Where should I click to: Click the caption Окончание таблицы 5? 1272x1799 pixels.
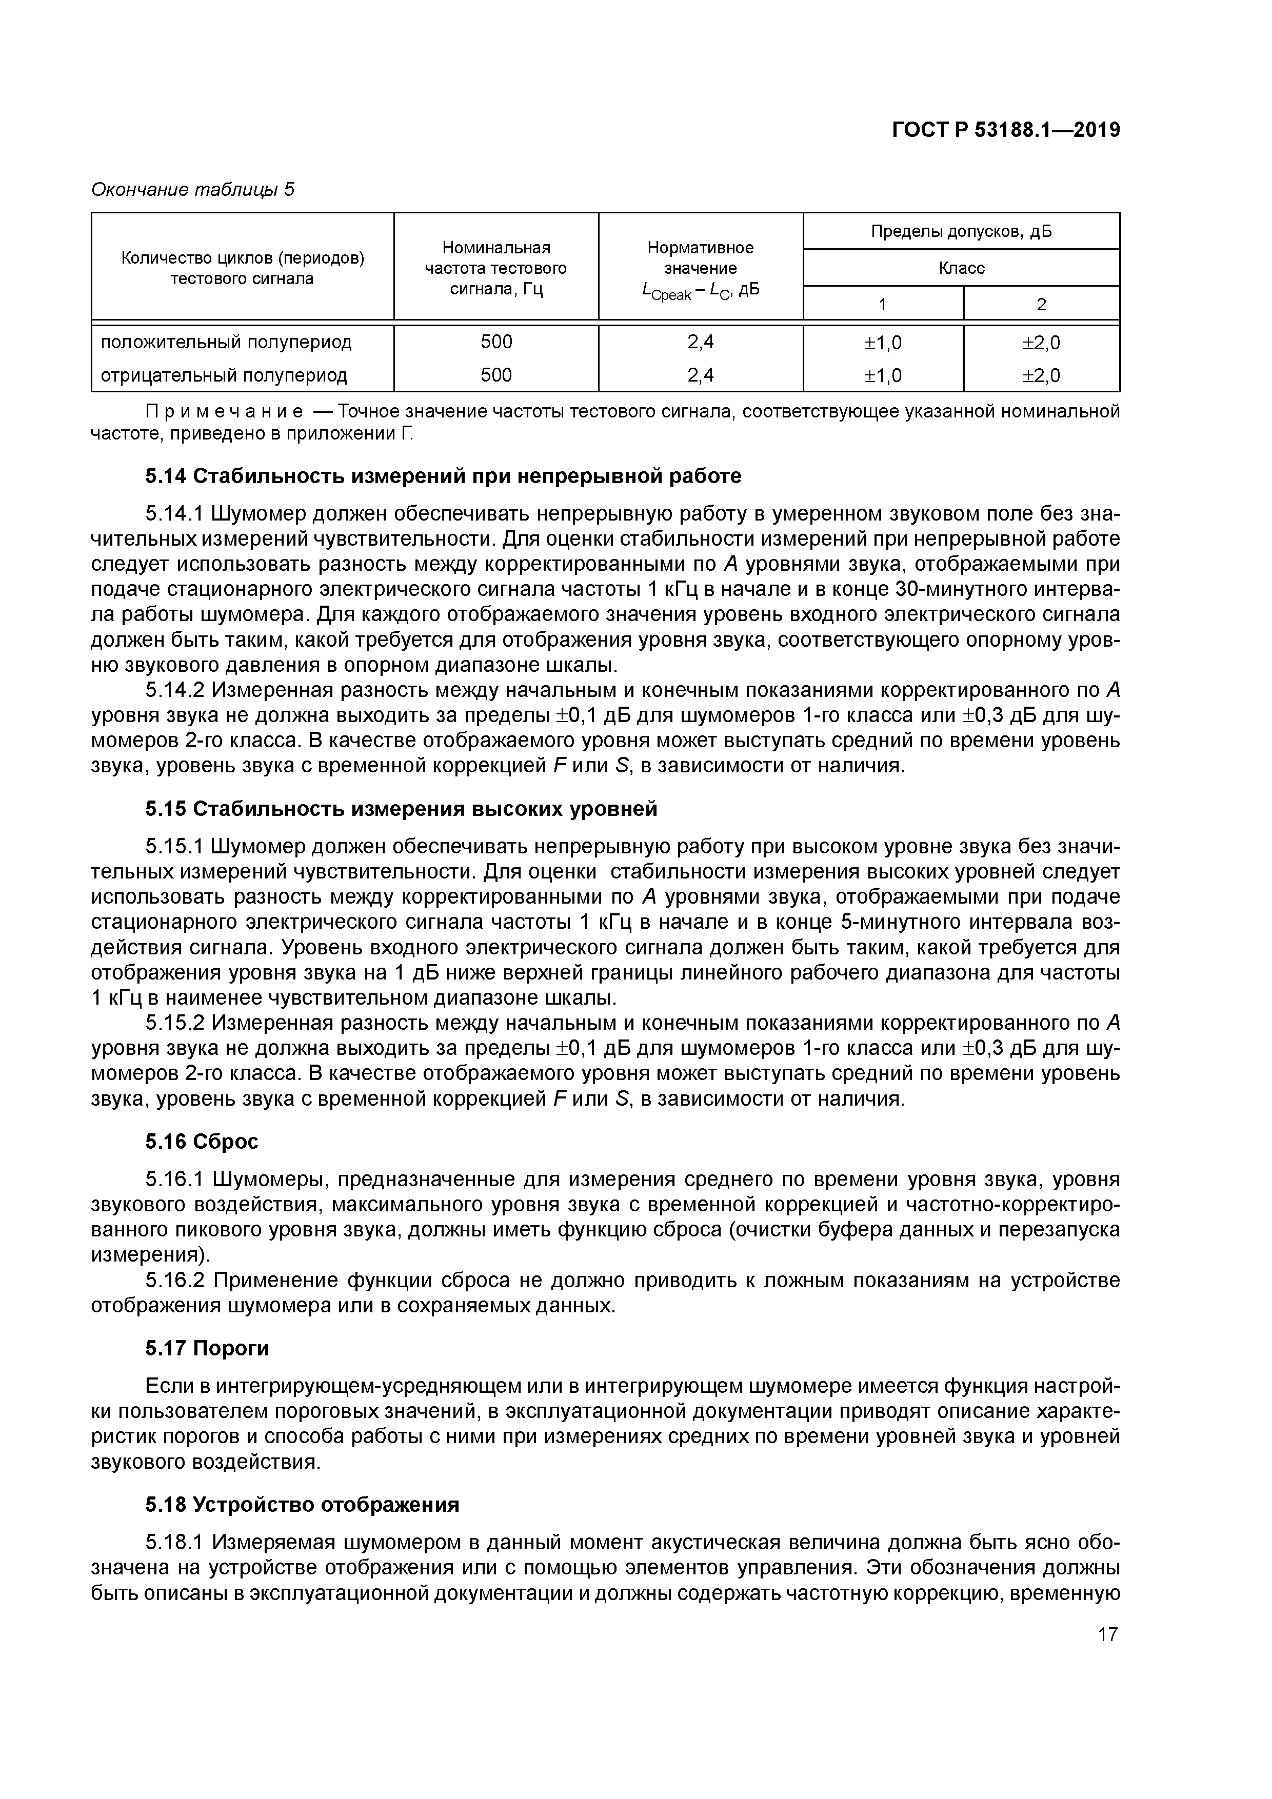click(193, 190)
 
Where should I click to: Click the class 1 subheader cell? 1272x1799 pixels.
click(883, 304)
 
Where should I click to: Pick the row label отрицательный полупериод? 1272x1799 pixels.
click(223, 375)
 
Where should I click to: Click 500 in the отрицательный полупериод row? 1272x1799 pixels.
click(495, 375)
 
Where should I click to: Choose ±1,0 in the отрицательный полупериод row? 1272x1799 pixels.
click(883, 376)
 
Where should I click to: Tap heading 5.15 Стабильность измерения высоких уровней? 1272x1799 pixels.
click(401, 809)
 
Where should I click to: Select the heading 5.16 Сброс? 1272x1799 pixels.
click(202, 1142)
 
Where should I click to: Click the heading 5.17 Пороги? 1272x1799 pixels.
click(207, 1348)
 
